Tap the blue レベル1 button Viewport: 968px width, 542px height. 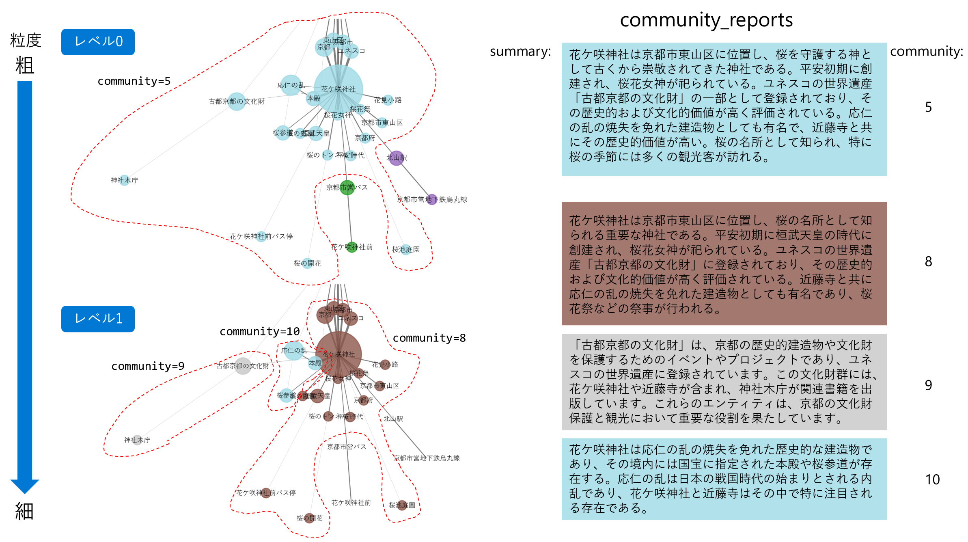98,319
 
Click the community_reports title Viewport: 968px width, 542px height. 706,20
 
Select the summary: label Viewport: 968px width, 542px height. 520,52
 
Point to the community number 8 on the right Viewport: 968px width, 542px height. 928,262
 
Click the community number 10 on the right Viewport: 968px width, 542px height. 932,479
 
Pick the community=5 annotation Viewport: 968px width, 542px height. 134,81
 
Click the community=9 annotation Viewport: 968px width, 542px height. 148,366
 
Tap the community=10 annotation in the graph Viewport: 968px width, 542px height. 260,332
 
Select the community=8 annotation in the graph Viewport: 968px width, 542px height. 429,338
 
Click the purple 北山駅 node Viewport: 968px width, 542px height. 396,158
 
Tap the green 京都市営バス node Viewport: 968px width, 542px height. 347,188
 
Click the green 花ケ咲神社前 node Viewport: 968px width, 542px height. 352,247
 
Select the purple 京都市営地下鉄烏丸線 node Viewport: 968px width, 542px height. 432,199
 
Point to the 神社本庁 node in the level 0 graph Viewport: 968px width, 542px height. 124,180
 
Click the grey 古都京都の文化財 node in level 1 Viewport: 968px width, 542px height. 243,366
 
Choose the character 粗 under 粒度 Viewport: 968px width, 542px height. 24,66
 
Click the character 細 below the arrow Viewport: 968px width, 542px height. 24,512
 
